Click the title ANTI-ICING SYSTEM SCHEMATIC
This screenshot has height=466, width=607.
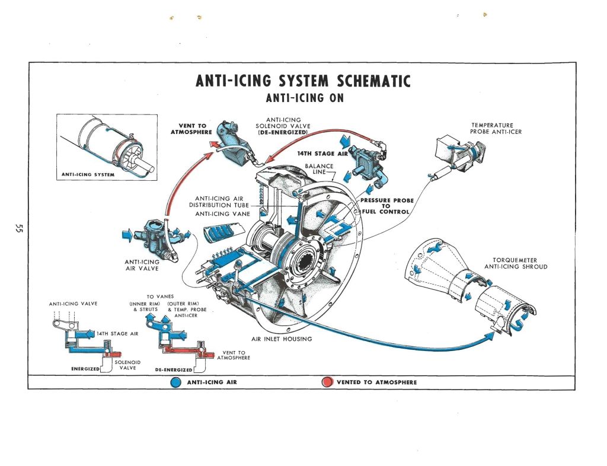[302, 80]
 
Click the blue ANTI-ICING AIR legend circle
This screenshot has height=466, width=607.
[175, 382]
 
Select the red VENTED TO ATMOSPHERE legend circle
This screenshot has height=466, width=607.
[326, 382]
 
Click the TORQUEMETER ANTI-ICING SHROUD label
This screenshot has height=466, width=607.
[515, 263]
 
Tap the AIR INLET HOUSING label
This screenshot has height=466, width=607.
[281, 339]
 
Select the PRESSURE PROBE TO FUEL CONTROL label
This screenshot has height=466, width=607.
[386, 206]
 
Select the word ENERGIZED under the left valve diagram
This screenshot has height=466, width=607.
[85, 369]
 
